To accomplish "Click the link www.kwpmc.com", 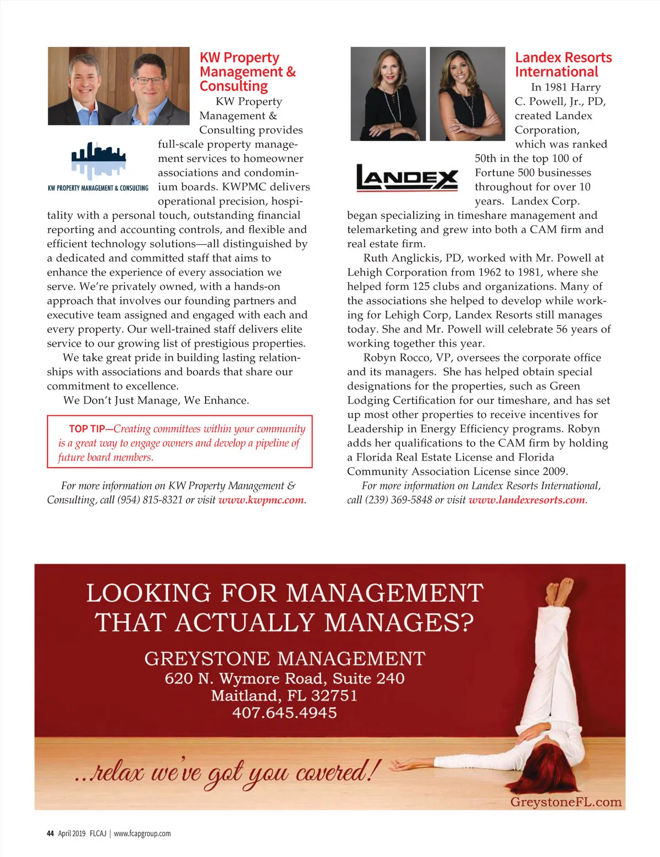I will point(261,500).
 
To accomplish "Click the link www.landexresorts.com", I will point(527,500).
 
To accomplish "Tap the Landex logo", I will point(407,178).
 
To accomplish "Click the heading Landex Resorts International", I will point(563,65).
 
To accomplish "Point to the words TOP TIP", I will point(86,429).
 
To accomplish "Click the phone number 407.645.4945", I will point(284,713).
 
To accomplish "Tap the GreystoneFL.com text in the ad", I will point(565,802).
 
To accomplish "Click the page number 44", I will point(50,833).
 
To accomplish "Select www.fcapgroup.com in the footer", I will point(142,833).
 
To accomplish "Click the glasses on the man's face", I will point(150,80).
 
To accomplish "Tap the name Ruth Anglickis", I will point(403,258).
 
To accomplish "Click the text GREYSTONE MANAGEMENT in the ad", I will point(284,658).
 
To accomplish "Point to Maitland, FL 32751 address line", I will point(284,696).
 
